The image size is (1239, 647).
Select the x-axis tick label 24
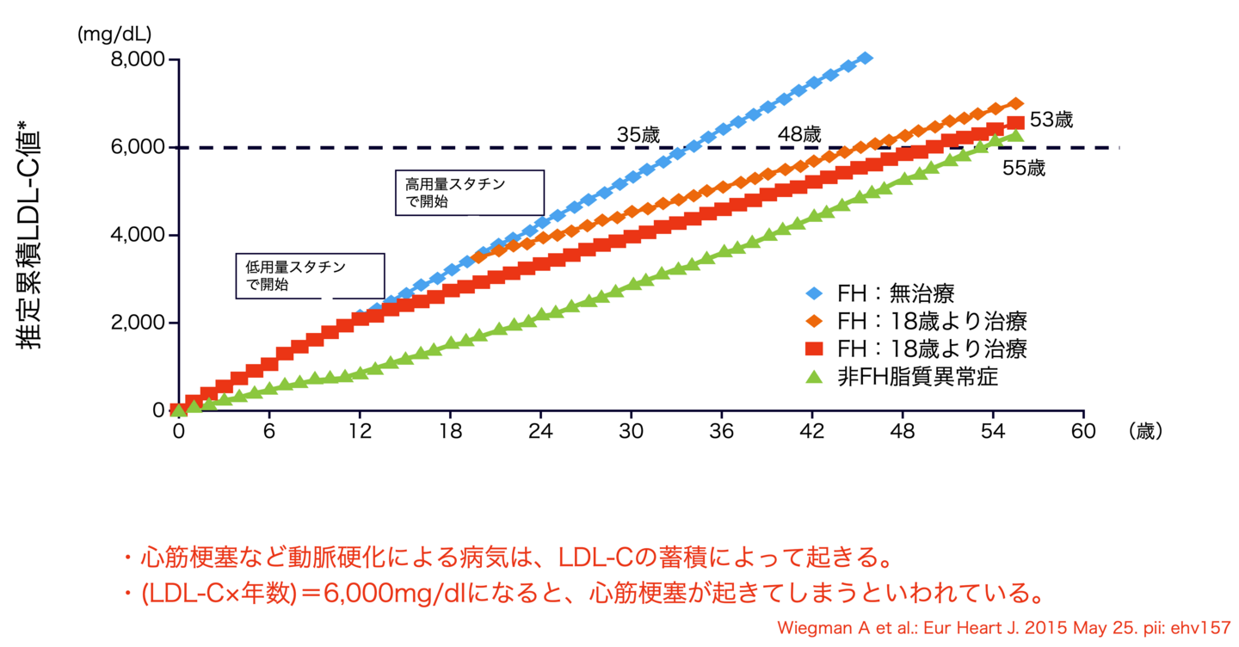540,432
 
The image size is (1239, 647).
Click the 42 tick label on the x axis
812,432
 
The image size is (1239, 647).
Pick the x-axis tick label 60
1083,432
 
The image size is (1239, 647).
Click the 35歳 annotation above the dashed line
638,135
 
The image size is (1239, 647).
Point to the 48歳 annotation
799,135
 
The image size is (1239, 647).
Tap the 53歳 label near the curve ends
1051,120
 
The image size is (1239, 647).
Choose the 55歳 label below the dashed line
1024,169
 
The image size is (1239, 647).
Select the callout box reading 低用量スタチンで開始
310,276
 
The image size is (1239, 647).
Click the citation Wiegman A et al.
1004,627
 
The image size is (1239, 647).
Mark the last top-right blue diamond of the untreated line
865,58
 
